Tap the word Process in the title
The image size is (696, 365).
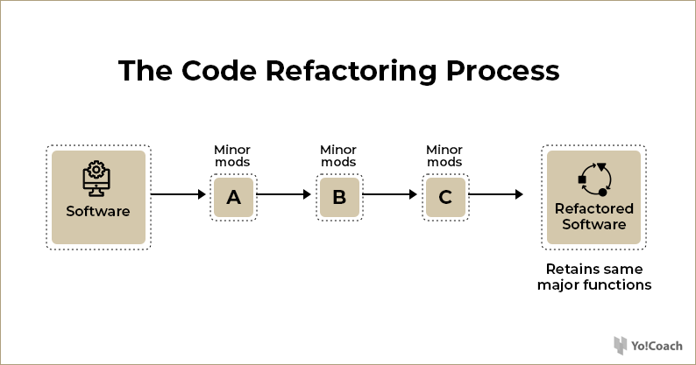point(502,71)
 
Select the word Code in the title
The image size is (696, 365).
point(219,71)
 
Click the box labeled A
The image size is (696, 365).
point(233,197)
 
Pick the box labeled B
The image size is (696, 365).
point(339,197)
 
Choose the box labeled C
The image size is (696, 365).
point(445,197)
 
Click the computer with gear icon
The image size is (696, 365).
point(96,179)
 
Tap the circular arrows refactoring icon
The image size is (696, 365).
point(595,179)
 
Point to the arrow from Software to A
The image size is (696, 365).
point(178,194)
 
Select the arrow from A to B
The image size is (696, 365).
point(284,194)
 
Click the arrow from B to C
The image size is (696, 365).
point(390,194)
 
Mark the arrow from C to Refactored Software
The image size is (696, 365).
point(496,194)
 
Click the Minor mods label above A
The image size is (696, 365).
point(232,156)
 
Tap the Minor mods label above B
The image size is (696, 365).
point(338,156)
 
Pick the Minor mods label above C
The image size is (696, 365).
point(444,156)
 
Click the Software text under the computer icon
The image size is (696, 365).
point(98,211)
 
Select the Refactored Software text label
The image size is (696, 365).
point(594,216)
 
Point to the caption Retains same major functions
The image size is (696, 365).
point(594,277)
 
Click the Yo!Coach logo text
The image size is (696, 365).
point(657,346)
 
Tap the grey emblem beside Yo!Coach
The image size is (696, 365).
point(620,346)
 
